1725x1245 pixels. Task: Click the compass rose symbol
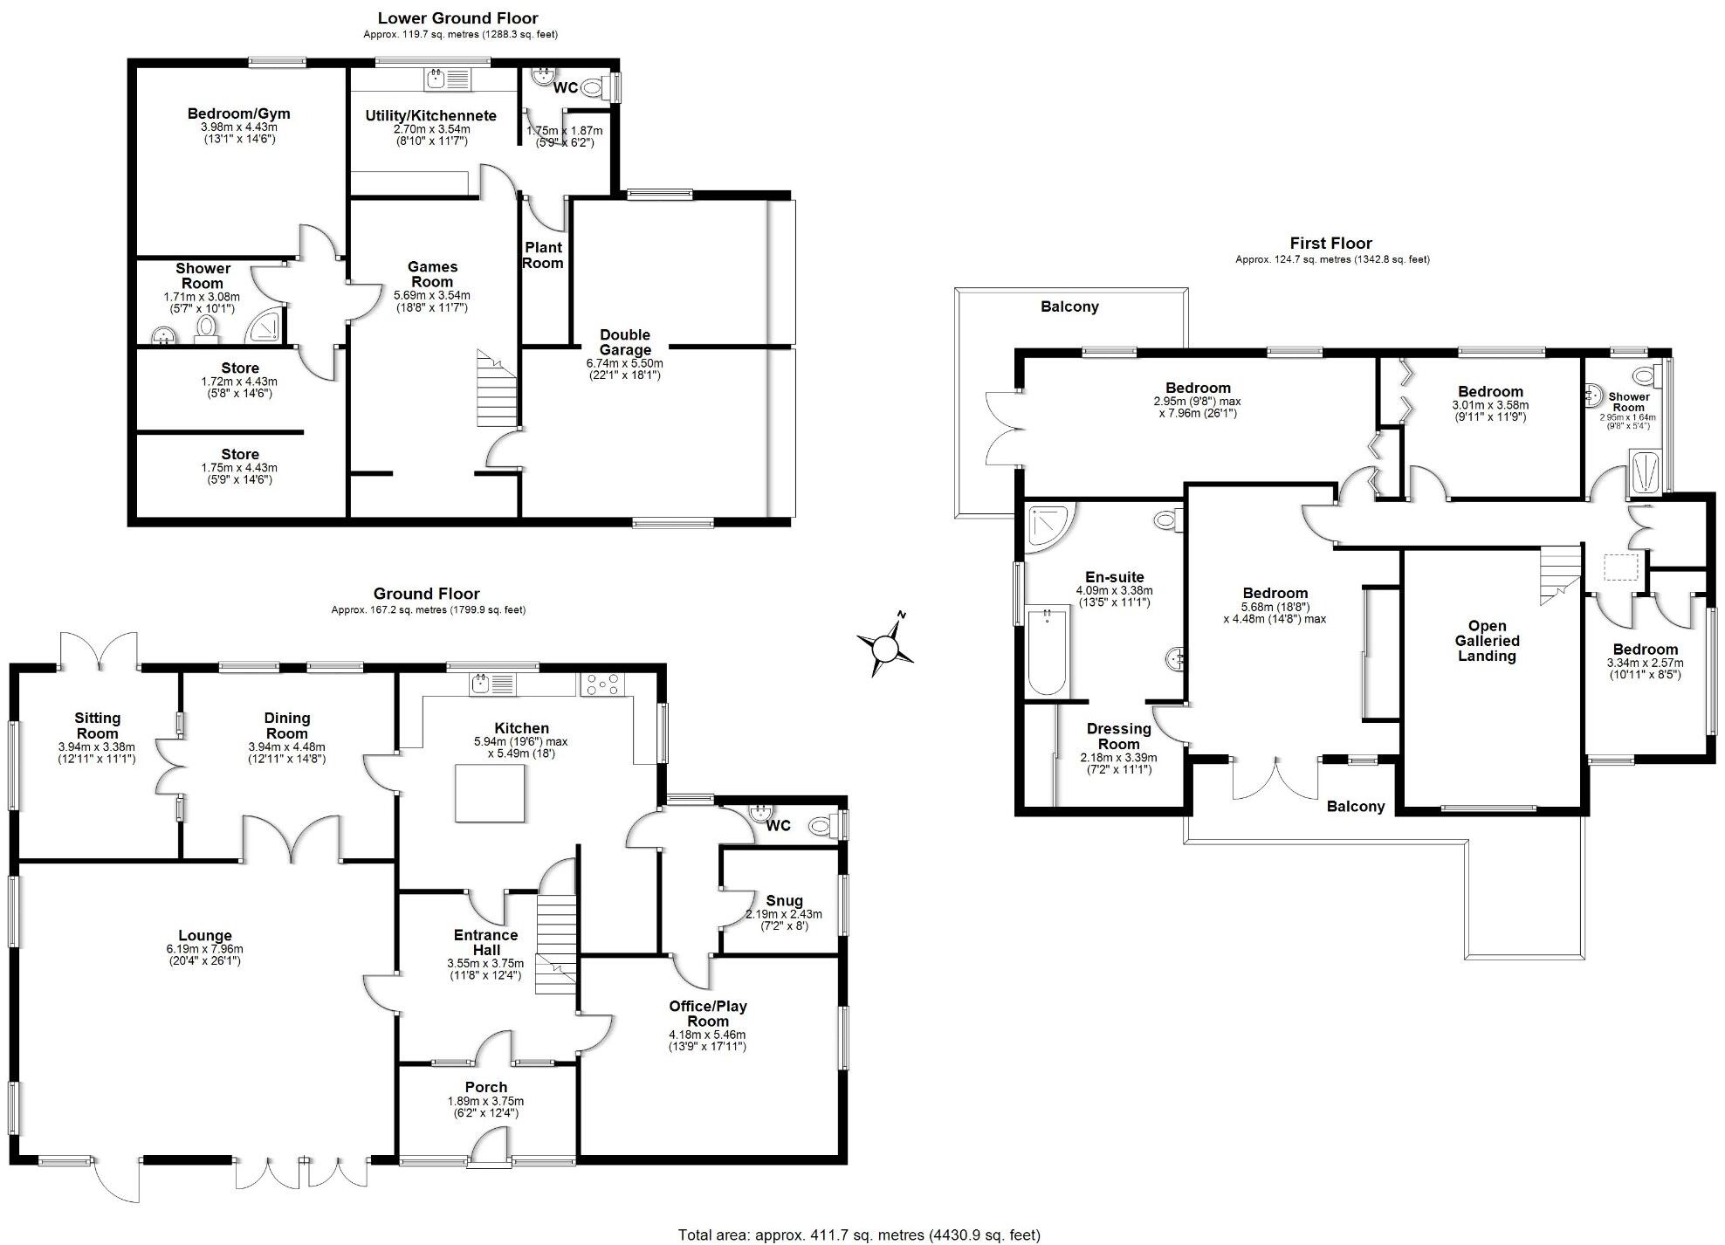(x=885, y=648)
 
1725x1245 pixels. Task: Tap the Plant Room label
(x=542, y=255)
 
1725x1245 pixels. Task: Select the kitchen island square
(x=490, y=793)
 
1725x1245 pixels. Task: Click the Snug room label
(x=784, y=900)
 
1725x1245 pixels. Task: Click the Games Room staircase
(x=496, y=388)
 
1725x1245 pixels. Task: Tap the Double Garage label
(x=625, y=342)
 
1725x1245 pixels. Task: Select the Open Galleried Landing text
(x=1487, y=641)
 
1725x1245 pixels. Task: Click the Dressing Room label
(x=1118, y=736)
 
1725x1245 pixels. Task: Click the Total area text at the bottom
(x=859, y=1235)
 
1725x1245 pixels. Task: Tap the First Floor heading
(x=1330, y=243)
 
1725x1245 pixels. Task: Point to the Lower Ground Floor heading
(x=457, y=17)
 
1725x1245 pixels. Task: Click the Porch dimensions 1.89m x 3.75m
(x=485, y=1101)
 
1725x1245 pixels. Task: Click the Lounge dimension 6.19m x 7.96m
(x=204, y=949)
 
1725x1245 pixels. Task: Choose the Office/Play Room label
(x=708, y=1013)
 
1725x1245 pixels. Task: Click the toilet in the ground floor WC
(x=822, y=825)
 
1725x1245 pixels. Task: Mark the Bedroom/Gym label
(x=238, y=113)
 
